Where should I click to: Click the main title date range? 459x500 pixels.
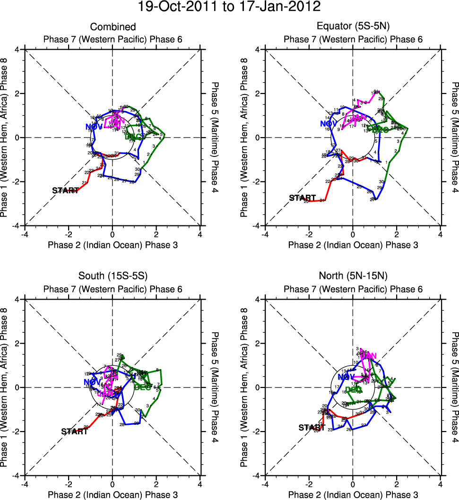coord(229,7)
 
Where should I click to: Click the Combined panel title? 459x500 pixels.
coord(113,27)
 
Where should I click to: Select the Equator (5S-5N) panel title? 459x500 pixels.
coord(353,27)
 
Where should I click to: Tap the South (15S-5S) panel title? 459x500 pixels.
coord(113,277)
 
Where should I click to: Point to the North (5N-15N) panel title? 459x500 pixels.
coord(353,277)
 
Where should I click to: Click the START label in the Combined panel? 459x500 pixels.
coord(66,190)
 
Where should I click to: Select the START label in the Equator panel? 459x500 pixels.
coord(303,198)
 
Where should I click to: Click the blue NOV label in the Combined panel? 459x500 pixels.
coord(94,127)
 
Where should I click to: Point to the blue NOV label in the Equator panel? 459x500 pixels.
coord(331,124)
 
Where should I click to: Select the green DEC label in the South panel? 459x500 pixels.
coord(143,387)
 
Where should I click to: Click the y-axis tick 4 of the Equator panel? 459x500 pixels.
coord(259,49)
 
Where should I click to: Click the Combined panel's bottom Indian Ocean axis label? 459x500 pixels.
coord(113,244)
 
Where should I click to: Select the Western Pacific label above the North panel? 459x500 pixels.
coord(353,289)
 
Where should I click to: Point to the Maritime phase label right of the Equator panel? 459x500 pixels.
coord(455,138)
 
